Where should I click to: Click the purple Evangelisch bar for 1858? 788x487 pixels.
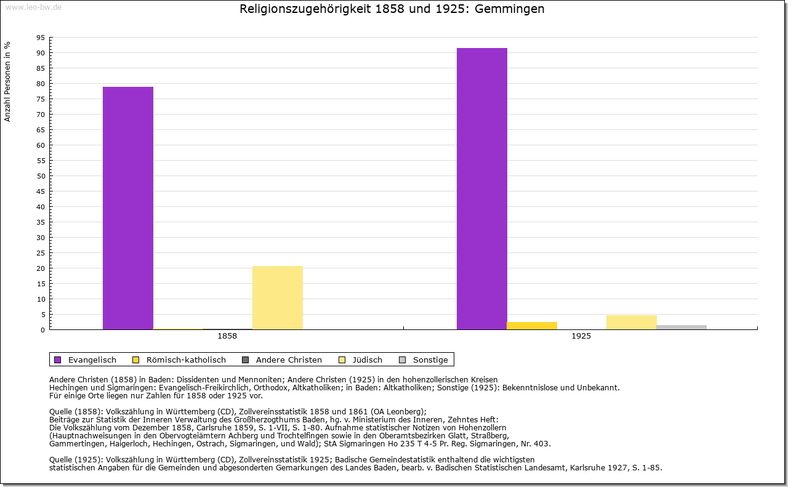point(128,208)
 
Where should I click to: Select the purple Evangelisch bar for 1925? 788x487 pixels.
point(482,188)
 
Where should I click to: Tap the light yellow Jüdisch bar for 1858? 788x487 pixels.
point(278,298)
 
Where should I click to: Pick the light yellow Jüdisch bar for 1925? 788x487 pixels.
point(632,323)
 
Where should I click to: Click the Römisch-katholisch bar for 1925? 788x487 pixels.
point(532,326)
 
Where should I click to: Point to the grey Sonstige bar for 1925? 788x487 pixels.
point(681,328)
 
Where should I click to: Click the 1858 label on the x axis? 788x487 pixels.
point(227,336)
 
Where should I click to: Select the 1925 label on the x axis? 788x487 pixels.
point(581,336)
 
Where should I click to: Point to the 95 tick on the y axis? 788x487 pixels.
point(41,38)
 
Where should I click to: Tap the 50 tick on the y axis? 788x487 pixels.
point(41,176)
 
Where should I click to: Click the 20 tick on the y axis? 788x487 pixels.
point(41,268)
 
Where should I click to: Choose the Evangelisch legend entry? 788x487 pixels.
point(85,360)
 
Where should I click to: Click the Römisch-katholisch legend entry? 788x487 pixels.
point(179,360)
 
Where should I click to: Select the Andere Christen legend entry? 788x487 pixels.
point(282,360)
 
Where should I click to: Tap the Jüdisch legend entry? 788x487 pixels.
point(360,360)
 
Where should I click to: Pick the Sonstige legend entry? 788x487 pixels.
point(424,360)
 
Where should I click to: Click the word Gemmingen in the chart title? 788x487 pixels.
point(509,9)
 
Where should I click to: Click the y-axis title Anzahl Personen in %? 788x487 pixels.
point(7,82)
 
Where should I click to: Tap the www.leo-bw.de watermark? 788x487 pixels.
point(33,7)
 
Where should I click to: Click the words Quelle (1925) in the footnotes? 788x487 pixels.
point(76,460)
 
